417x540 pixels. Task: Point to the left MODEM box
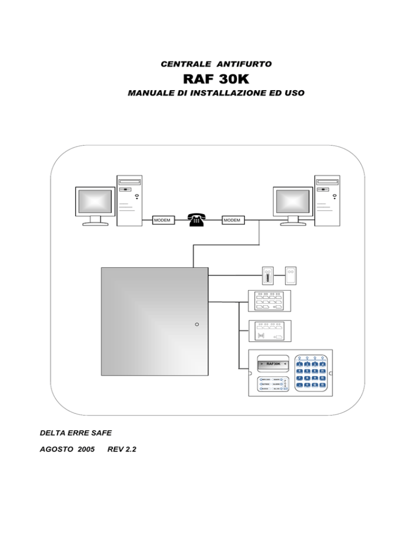[162, 220]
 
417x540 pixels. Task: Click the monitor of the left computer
[95, 202]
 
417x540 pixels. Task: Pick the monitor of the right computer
[293, 202]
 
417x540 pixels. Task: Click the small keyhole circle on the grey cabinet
[197, 324]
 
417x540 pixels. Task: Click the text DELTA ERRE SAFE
[75, 433]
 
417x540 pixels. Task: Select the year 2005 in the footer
[85, 450]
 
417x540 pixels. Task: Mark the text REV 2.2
[122, 450]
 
